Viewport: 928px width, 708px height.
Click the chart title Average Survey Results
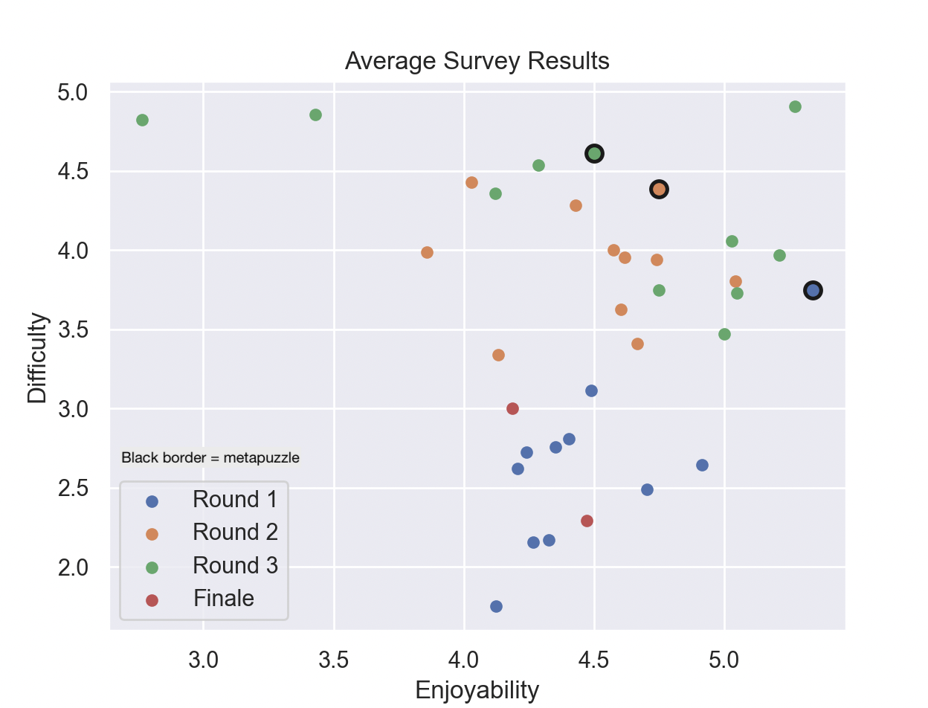click(x=477, y=61)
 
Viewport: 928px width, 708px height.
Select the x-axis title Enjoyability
click(x=477, y=689)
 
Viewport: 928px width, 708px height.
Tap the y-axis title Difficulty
click(x=37, y=358)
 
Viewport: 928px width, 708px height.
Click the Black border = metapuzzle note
click(x=210, y=458)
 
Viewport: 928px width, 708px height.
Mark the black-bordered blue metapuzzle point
click(x=813, y=290)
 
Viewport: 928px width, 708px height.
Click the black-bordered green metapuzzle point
click(x=594, y=154)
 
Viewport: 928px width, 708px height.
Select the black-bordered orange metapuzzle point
click(x=659, y=189)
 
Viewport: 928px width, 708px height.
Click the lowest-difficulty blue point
click(x=496, y=606)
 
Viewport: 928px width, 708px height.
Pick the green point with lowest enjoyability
click(x=142, y=120)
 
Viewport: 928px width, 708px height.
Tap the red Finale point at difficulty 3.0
click(x=512, y=408)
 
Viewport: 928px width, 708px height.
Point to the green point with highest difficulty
click(x=795, y=106)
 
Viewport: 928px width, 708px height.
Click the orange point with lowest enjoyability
click(x=427, y=252)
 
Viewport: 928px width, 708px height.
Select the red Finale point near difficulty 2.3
click(x=587, y=521)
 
